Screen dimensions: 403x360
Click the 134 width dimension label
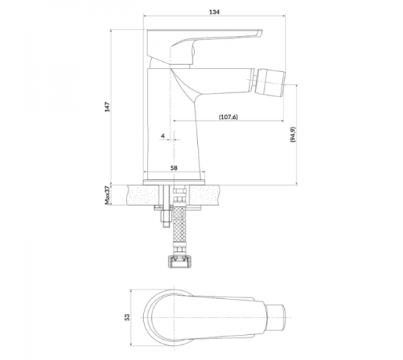214,12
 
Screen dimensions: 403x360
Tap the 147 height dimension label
107,107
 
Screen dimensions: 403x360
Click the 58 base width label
174,168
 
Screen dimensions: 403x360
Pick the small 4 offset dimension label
163,135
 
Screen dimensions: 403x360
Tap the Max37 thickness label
107,195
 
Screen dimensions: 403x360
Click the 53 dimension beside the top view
127,317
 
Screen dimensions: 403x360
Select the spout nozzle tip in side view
270,81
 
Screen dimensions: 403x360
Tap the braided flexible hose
179,226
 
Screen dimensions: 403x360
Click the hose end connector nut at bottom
179,261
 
